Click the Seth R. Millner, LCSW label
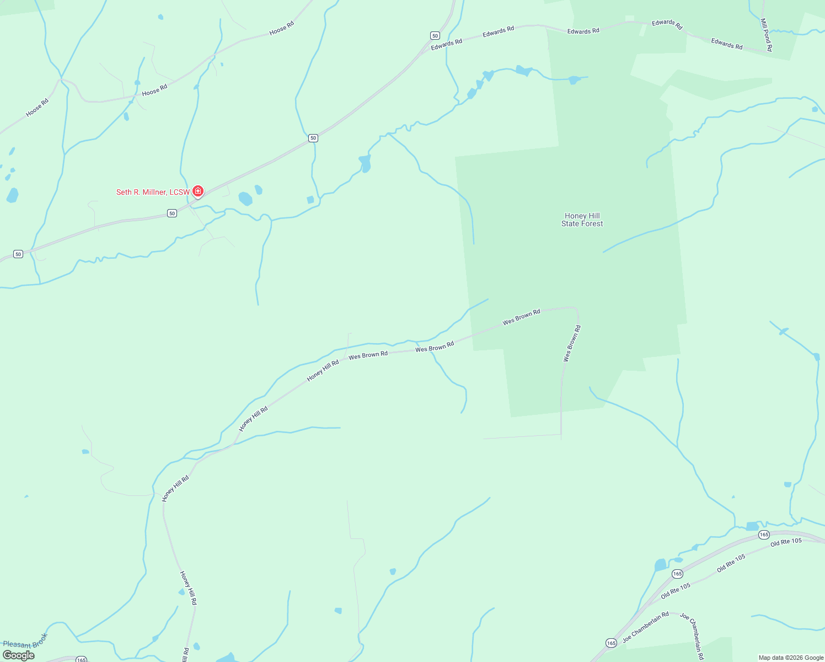[x=153, y=192]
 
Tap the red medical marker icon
[x=198, y=191]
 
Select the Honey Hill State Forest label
[x=582, y=220]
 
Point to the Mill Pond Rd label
[x=766, y=35]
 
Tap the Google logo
[x=19, y=655]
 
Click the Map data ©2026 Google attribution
[x=791, y=658]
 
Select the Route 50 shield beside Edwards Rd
[x=435, y=35]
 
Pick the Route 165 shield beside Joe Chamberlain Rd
[x=611, y=643]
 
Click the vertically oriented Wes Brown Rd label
[x=572, y=344]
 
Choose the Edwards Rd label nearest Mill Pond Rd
[x=726, y=44]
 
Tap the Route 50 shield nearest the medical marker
[x=172, y=213]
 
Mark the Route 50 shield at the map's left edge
[x=18, y=254]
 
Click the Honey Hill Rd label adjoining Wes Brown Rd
[x=323, y=371]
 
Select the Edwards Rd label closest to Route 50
[x=447, y=45]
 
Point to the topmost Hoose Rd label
[x=281, y=28]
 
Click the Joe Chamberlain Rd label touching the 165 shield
[x=646, y=627]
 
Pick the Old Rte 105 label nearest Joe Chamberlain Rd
[x=675, y=591]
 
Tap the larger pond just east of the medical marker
[x=245, y=199]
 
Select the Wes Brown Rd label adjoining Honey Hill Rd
[x=368, y=355]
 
